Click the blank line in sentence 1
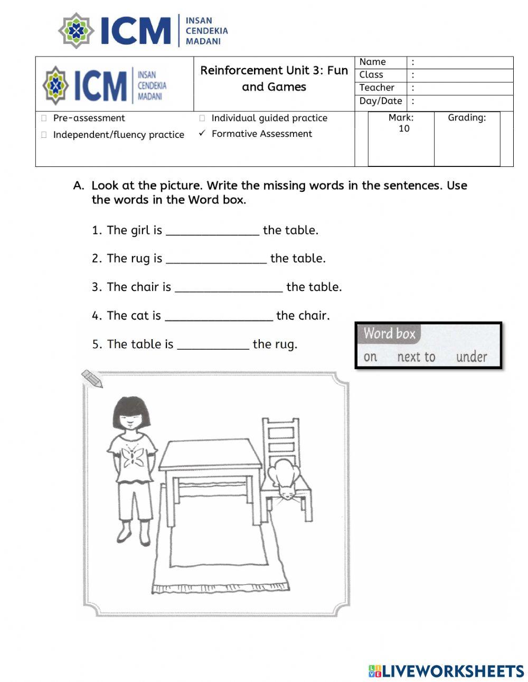[212, 231]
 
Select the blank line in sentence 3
[228, 288]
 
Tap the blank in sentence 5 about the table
[213, 345]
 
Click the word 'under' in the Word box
[471, 357]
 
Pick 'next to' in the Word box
[416, 357]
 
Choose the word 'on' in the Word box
[370, 357]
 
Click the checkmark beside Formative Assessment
[202, 134]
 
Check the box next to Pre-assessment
[44, 118]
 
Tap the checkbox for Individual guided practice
[202, 118]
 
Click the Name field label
[372, 62]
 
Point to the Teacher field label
[376, 88]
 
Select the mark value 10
[403, 129]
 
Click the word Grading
[467, 118]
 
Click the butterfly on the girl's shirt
[133, 455]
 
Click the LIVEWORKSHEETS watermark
[446, 671]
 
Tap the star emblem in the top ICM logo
[77, 31]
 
